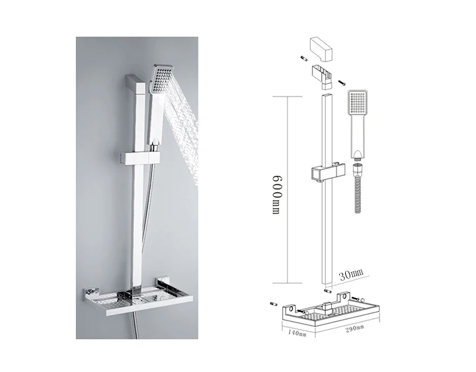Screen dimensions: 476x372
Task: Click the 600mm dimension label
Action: click(x=276, y=194)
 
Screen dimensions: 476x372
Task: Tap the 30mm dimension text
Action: click(x=350, y=274)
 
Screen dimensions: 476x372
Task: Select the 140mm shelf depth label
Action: click(x=297, y=332)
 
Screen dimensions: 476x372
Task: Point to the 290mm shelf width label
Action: click(x=354, y=328)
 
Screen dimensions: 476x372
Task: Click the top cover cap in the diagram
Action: click(x=321, y=48)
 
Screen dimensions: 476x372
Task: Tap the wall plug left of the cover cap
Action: click(x=303, y=59)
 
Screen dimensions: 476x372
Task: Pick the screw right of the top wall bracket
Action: click(x=342, y=82)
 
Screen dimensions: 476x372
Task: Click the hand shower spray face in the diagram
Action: click(x=357, y=102)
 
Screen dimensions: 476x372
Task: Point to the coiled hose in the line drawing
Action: click(x=358, y=188)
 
